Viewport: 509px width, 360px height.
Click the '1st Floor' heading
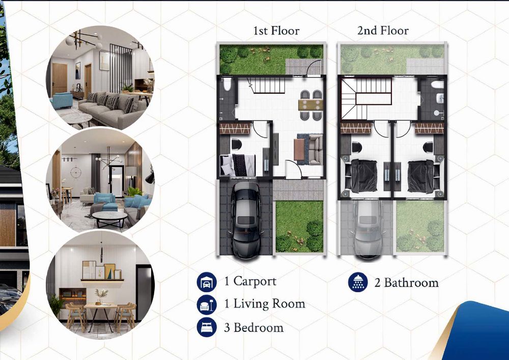coord(276,31)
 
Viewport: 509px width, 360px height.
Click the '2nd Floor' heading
coord(383,31)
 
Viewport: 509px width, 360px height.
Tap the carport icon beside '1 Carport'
coord(207,282)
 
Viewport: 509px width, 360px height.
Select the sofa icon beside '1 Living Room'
coord(207,304)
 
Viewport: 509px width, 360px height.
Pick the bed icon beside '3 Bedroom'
coord(207,327)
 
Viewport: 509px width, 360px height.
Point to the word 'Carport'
coord(255,281)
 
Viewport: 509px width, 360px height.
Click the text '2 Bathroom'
coord(406,283)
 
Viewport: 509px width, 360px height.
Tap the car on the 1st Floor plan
coord(246,220)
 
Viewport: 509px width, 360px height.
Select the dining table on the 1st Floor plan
coord(310,105)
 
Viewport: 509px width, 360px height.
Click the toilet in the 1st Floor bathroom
coord(227,85)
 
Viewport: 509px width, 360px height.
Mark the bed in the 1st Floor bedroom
coord(238,165)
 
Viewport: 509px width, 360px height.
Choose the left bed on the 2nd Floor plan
coord(364,176)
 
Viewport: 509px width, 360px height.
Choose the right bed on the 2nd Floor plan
coord(421,176)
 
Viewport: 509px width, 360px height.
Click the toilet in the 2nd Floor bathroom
coord(437,85)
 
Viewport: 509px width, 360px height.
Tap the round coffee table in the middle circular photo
coord(110,219)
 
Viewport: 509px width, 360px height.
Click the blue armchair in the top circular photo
coord(62,100)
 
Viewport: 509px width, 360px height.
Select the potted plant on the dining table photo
coord(101,297)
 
